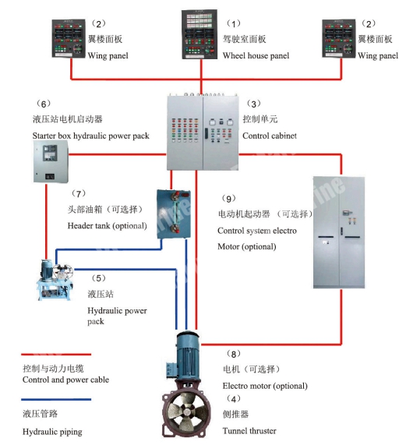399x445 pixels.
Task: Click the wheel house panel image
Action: click(202, 35)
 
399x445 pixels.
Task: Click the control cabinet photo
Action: click(202, 132)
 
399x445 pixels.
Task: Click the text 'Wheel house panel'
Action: click(256, 56)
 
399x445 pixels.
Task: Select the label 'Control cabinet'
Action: click(270, 136)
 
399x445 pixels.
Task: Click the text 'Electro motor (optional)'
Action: click(265, 386)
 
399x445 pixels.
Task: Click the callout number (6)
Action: click(44, 103)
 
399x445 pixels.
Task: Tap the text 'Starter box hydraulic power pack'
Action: click(90, 136)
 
